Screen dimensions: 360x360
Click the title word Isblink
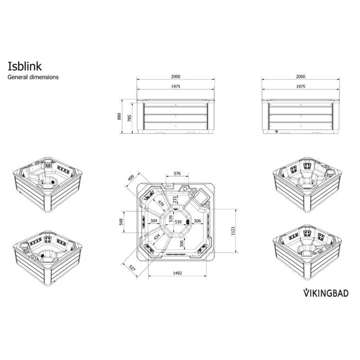click(25, 66)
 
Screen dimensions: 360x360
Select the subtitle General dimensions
click(33, 77)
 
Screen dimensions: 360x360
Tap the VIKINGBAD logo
click(326, 293)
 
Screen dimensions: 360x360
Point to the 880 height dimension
click(119, 116)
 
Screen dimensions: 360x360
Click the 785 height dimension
click(129, 118)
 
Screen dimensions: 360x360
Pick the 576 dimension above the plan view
click(177, 173)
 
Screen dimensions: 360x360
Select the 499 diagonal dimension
click(131, 179)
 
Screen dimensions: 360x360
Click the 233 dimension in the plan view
click(175, 200)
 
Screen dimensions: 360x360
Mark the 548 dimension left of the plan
click(121, 222)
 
